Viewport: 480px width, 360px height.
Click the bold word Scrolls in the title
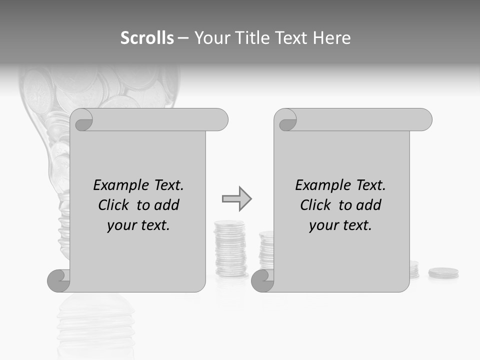click(147, 38)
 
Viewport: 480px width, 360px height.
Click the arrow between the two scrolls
click(236, 199)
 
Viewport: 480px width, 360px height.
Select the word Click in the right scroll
click(316, 205)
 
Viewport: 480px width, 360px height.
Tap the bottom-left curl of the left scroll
click(59, 280)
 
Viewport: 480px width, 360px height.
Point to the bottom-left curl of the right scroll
click(262, 280)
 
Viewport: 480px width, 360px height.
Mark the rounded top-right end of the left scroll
click(219, 120)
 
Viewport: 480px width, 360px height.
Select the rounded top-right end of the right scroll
click(423, 120)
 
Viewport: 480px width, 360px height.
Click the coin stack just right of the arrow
click(230, 248)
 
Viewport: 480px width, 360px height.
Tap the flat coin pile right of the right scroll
click(443, 273)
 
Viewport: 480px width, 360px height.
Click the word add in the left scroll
click(167, 205)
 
